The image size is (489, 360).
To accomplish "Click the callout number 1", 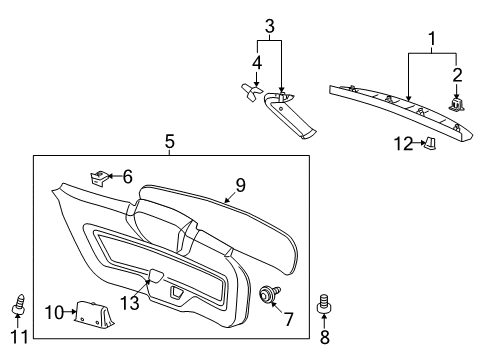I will [x=431, y=41].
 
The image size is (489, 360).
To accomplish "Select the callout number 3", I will [x=268, y=25].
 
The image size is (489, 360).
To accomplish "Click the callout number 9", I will [x=240, y=185].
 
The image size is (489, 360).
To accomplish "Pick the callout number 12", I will [x=403, y=144].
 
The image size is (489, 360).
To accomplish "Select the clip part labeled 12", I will [x=430, y=143].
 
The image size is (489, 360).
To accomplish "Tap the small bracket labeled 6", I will [x=100, y=177].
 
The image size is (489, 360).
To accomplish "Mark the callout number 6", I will [x=127, y=176].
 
